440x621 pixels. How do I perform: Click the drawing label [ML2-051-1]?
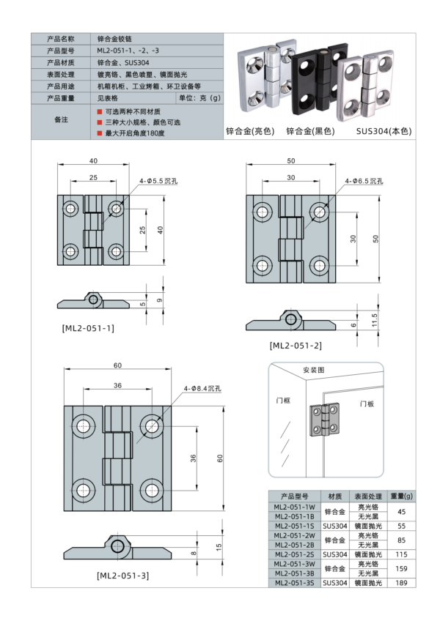click(88, 328)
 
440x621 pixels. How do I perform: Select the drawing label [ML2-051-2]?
click(295, 345)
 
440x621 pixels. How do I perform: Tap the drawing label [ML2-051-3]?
click(122, 575)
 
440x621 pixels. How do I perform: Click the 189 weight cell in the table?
click(401, 583)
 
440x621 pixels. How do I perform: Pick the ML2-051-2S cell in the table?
click(294, 554)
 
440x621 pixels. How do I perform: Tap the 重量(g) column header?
click(401, 496)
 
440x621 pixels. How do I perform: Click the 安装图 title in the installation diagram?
click(314, 371)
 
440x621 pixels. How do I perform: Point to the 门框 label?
click(284, 401)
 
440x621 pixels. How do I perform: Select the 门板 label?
click(367, 404)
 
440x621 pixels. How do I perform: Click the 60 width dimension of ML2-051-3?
click(117, 365)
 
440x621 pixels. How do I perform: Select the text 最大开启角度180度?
click(135, 133)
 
